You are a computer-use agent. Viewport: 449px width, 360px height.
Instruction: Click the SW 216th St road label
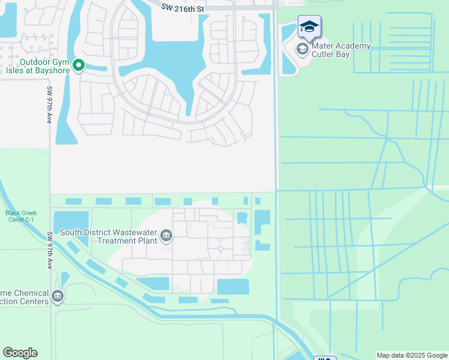(182, 8)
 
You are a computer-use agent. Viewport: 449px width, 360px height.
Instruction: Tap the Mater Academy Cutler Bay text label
(340, 50)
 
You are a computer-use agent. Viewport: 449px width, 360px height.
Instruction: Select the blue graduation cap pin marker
(309, 27)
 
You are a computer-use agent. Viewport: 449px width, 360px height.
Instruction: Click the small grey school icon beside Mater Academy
(302, 49)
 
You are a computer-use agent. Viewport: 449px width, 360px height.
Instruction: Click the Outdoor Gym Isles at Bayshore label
(45, 65)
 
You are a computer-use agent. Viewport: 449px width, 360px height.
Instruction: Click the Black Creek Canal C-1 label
(21, 217)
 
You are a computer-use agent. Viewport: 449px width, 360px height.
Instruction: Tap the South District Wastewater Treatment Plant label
(109, 236)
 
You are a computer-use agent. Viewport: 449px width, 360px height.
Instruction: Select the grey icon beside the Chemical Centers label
(58, 296)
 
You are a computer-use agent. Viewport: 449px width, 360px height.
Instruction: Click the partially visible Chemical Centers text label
(24, 297)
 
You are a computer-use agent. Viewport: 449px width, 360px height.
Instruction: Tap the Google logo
(20, 353)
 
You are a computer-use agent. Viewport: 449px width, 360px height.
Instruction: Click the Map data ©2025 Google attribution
(412, 355)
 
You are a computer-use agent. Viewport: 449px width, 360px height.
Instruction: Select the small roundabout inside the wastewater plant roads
(220, 248)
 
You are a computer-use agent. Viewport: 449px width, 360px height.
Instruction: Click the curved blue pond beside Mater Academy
(288, 51)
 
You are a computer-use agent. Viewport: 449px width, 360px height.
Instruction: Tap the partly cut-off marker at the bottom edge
(325, 358)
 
